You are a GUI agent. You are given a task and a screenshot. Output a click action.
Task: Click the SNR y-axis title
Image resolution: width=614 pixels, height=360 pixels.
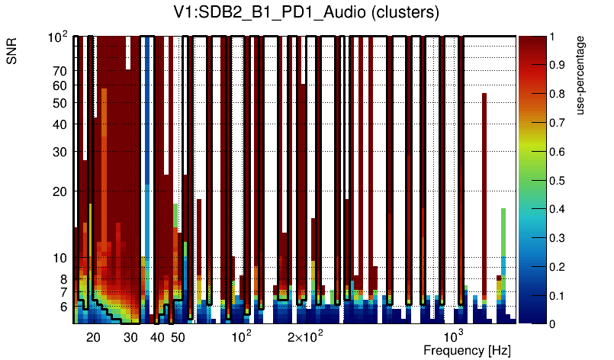click(x=13, y=51)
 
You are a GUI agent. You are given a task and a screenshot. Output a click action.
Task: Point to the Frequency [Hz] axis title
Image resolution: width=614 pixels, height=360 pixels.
click(x=467, y=350)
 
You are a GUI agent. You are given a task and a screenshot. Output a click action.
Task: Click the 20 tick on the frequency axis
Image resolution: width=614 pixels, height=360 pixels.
click(x=93, y=337)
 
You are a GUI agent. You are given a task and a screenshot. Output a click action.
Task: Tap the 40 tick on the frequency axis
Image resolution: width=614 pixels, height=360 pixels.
click(x=157, y=337)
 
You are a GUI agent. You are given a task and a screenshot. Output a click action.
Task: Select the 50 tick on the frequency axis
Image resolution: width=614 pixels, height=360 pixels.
click(x=177, y=337)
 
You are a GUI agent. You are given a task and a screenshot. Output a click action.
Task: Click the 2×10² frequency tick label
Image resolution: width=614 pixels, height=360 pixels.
click(x=305, y=336)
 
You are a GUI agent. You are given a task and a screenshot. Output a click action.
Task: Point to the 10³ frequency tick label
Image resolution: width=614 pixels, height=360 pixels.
click(x=454, y=336)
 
